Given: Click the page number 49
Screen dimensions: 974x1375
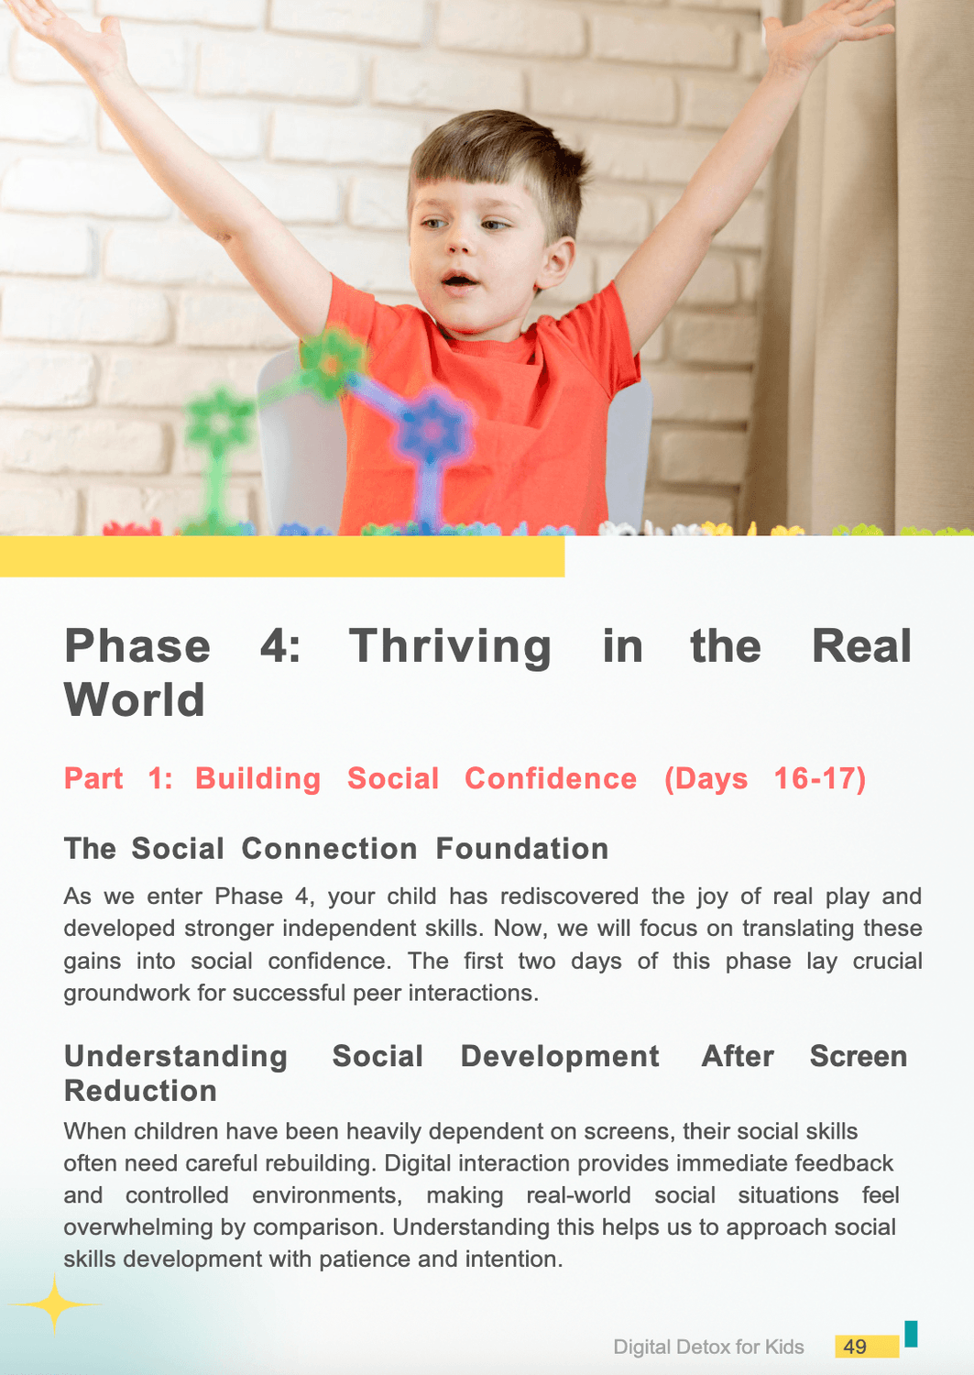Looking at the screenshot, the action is (854, 1347).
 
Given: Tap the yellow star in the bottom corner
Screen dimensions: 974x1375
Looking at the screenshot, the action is (54, 1303).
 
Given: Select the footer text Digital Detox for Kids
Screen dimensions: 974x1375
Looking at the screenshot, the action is (708, 1347).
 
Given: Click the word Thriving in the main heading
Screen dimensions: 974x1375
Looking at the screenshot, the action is (451, 647).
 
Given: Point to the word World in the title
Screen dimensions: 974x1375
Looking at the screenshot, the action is (134, 699).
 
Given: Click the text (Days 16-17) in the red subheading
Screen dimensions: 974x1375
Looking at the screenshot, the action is (765, 779).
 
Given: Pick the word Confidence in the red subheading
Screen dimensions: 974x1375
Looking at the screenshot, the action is (551, 778).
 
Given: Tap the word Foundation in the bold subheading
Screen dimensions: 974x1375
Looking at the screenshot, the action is (521, 848).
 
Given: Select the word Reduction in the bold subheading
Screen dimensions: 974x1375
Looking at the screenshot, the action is (140, 1091).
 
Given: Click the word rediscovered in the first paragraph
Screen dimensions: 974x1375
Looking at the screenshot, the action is (569, 896).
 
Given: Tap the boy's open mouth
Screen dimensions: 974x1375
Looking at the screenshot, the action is (460, 280).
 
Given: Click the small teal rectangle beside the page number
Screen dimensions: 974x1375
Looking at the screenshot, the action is (911, 1333).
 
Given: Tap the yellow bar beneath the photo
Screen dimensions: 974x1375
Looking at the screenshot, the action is (282, 556).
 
